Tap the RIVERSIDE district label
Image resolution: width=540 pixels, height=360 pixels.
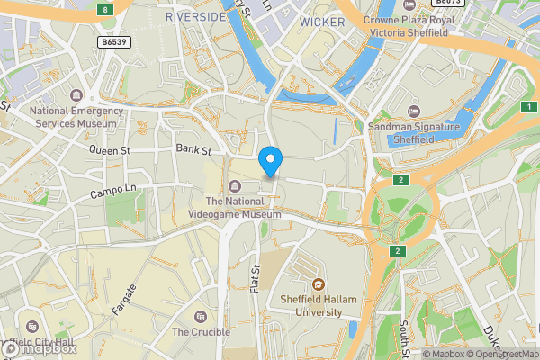pyautogui.click(x=195, y=17)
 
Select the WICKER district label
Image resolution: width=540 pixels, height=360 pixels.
pyautogui.click(x=322, y=21)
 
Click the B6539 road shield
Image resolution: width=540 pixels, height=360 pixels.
pyautogui.click(x=113, y=42)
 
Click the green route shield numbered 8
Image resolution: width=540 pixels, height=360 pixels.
pyautogui.click(x=106, y=10)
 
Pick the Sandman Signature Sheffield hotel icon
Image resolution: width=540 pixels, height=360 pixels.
pyautogui.click(x=413, y=112)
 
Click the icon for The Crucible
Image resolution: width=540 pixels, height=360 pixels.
pyautogui.click(x=201, y=316)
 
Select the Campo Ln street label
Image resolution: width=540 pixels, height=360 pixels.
pyautogui.click(x=112, y=193)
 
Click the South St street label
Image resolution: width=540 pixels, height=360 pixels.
pyautogui.click(x=404, y=335)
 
